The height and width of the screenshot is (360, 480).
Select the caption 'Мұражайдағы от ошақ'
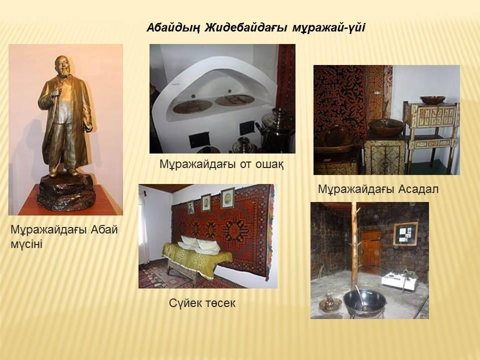tap(221, 164)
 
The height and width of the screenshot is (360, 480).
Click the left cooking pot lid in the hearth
tap(192, 105)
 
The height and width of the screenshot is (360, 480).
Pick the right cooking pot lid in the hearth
tap(234, 100)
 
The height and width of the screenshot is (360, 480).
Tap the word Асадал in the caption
tap(418, 189)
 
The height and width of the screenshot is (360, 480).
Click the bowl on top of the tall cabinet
tap(432, 100)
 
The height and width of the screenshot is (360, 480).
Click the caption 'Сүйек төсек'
tap(202, 303)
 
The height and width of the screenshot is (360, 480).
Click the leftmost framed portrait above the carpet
tap(191, 207)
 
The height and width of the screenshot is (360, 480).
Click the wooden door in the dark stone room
tap(370, 248)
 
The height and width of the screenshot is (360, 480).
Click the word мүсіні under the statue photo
tap(26, 244)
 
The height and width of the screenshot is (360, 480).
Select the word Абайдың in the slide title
tap(173, 28)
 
